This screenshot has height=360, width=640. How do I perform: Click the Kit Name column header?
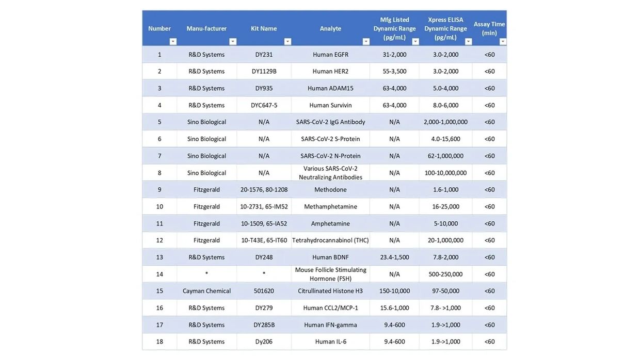pyautogui.click(x=264, y=28)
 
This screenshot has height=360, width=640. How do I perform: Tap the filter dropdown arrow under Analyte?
pyautogui.click(x=366, y=42)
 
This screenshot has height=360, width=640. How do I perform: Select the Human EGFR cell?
pyautogui.click(x=330, y=55)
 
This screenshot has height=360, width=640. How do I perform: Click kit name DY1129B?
pyautogui.click(x=264, y=71)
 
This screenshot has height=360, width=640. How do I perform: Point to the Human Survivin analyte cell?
pyautogui.click(x=330, y=105)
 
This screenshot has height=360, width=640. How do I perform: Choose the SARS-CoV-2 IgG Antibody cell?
pyautogui.click(x=330, y=122)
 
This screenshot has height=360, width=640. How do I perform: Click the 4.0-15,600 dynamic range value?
pyautogui.click(x=445, y=139)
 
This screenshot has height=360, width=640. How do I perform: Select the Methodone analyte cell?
pyautogui.click(x=330, y=190)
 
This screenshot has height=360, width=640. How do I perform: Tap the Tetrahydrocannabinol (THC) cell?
pyautogui.click(x=330, y=240)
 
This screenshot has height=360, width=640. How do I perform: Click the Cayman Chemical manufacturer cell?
pyautogui.click(x=206, y=291)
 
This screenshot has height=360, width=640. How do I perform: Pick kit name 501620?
pyautogui.click(x=264, y=291)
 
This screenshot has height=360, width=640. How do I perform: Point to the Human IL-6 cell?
pyautogui.click(x=330, y=341)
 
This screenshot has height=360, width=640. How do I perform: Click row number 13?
pyautogui.click(x=159, y=257)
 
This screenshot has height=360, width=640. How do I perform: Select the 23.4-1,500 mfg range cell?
pyautogui.click(x=394, y=257)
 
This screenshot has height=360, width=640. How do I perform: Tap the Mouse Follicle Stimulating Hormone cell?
pyautogui.click(x=330, y=274)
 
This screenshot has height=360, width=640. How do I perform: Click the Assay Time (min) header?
pyautogui.click(x=489, y=28)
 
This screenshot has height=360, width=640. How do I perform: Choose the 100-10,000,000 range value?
pyautogui.click(x=445, y=173)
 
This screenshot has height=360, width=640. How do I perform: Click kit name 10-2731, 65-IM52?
pyautogui.click(x=264, y=207)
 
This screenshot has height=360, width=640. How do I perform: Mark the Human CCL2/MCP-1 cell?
pyautogui.click(x=330, y=308)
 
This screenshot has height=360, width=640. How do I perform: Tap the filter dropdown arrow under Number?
pyautogui.click(x=173, y=42)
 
